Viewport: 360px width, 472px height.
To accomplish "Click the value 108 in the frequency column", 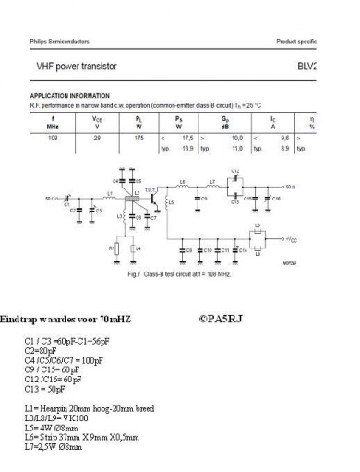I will coord(54,135).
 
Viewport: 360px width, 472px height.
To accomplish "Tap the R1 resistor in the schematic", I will coord(114,248).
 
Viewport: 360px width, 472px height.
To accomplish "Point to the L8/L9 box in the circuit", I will coord(258,235).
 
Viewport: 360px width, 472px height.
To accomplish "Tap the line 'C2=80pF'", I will coord(41,352).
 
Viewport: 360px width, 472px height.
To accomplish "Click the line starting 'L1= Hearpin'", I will coord(85,407).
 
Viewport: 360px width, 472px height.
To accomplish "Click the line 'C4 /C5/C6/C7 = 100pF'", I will coord(64,361).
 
